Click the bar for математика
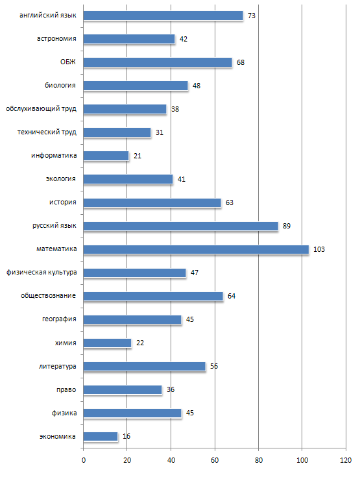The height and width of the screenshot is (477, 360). click(196, 249)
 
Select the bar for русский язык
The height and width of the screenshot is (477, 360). click(180, 226)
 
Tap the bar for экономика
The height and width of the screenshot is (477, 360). click(101, 437)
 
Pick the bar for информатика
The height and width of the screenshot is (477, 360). click(106, 156)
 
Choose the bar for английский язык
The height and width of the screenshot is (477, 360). click(163, 16)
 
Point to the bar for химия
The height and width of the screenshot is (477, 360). click(107, 343)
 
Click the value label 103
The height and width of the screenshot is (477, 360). click(319, 249)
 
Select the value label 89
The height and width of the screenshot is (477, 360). click(287, 226)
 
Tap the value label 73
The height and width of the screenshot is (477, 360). click(252, 16)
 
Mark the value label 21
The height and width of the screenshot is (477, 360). click(138, 156)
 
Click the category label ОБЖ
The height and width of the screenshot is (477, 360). click(68, 62)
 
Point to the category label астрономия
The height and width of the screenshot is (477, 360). click(56, 39)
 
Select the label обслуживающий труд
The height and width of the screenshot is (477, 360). click(41, 109)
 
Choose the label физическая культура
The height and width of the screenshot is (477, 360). click(42, 273)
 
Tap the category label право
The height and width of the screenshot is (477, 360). click(66, 389)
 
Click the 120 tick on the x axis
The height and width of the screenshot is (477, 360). click(346, 460)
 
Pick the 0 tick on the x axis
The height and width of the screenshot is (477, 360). click(84, 460)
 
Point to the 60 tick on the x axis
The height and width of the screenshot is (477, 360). click(215, 460)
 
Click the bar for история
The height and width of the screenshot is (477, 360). click(152, 202)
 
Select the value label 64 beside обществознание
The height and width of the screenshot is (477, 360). click(232, 296)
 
